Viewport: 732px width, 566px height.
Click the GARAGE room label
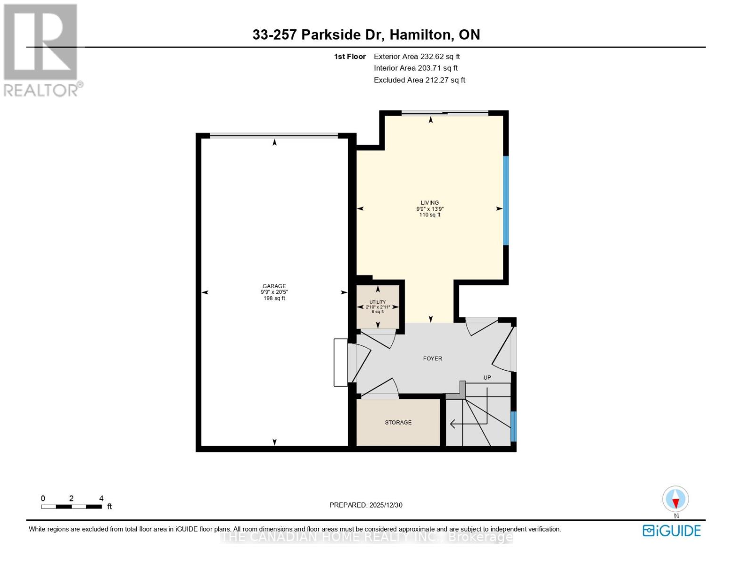274,286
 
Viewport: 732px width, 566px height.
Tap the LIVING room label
429,203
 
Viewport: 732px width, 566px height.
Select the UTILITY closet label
378,302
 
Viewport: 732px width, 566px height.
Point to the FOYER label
432,358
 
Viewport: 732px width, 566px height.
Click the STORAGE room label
398,422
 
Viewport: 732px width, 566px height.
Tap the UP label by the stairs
487,377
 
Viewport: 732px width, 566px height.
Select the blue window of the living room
506,200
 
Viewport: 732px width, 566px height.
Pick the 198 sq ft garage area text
274,298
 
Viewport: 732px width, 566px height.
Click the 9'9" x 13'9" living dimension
429,209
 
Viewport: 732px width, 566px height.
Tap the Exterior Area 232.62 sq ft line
417,56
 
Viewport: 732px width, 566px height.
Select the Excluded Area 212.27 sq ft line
419,80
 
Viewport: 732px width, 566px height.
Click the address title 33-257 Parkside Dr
366,34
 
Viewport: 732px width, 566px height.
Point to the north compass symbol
675,499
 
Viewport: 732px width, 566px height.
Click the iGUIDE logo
671,531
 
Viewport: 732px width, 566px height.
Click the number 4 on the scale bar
101,498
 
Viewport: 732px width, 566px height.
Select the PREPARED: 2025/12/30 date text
366,505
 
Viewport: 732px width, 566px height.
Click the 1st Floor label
350,56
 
